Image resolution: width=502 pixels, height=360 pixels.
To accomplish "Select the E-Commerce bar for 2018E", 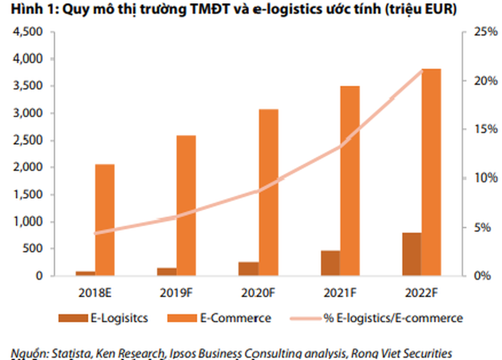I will click(x=104, y=220).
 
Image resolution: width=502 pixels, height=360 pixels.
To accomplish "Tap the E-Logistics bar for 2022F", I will click(x=412, y=254).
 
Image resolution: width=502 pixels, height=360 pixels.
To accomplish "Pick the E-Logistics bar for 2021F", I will click(x=331, y=263).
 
